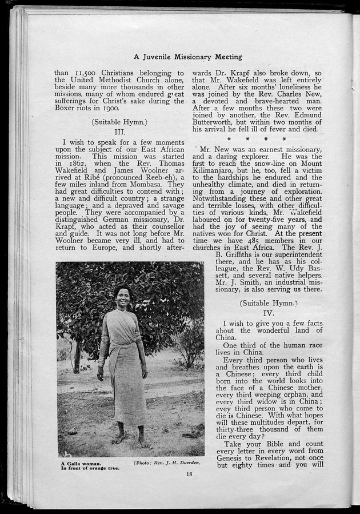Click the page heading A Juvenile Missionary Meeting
tap(187, 57)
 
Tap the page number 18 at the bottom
tap(189, 473)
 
